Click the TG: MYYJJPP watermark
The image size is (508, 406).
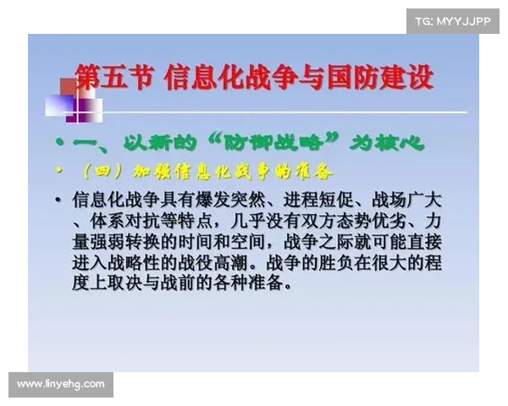(x=453, y=20)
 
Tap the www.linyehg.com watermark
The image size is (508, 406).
(x=61, y=385)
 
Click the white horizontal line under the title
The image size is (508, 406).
(x=279, y=111)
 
